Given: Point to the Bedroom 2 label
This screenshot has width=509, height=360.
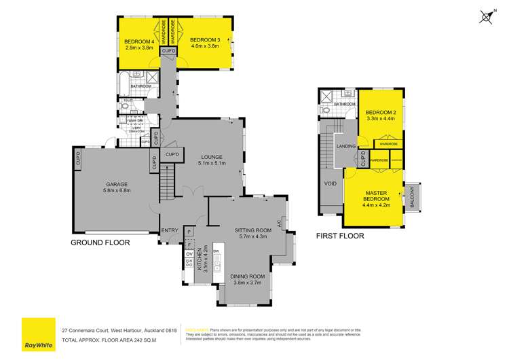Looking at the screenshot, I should (x=380, y=112).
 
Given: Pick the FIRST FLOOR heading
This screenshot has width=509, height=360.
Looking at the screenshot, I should (x=341, y=236).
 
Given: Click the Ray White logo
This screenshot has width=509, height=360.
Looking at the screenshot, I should (x=38, y=334).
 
